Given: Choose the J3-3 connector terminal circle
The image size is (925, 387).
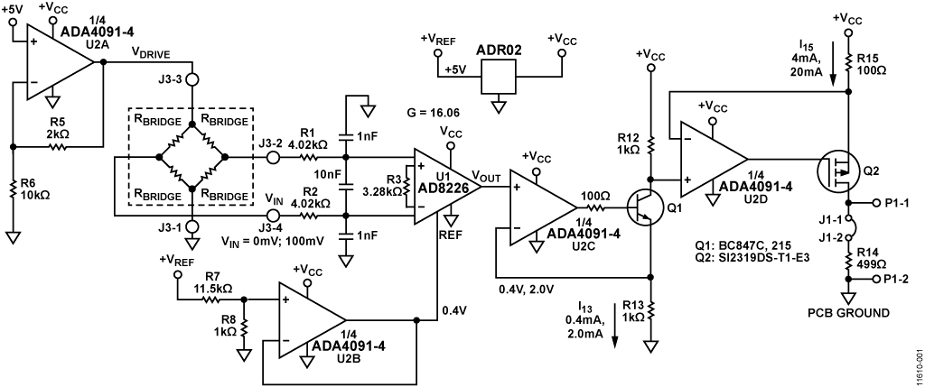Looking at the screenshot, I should (192, 79).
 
